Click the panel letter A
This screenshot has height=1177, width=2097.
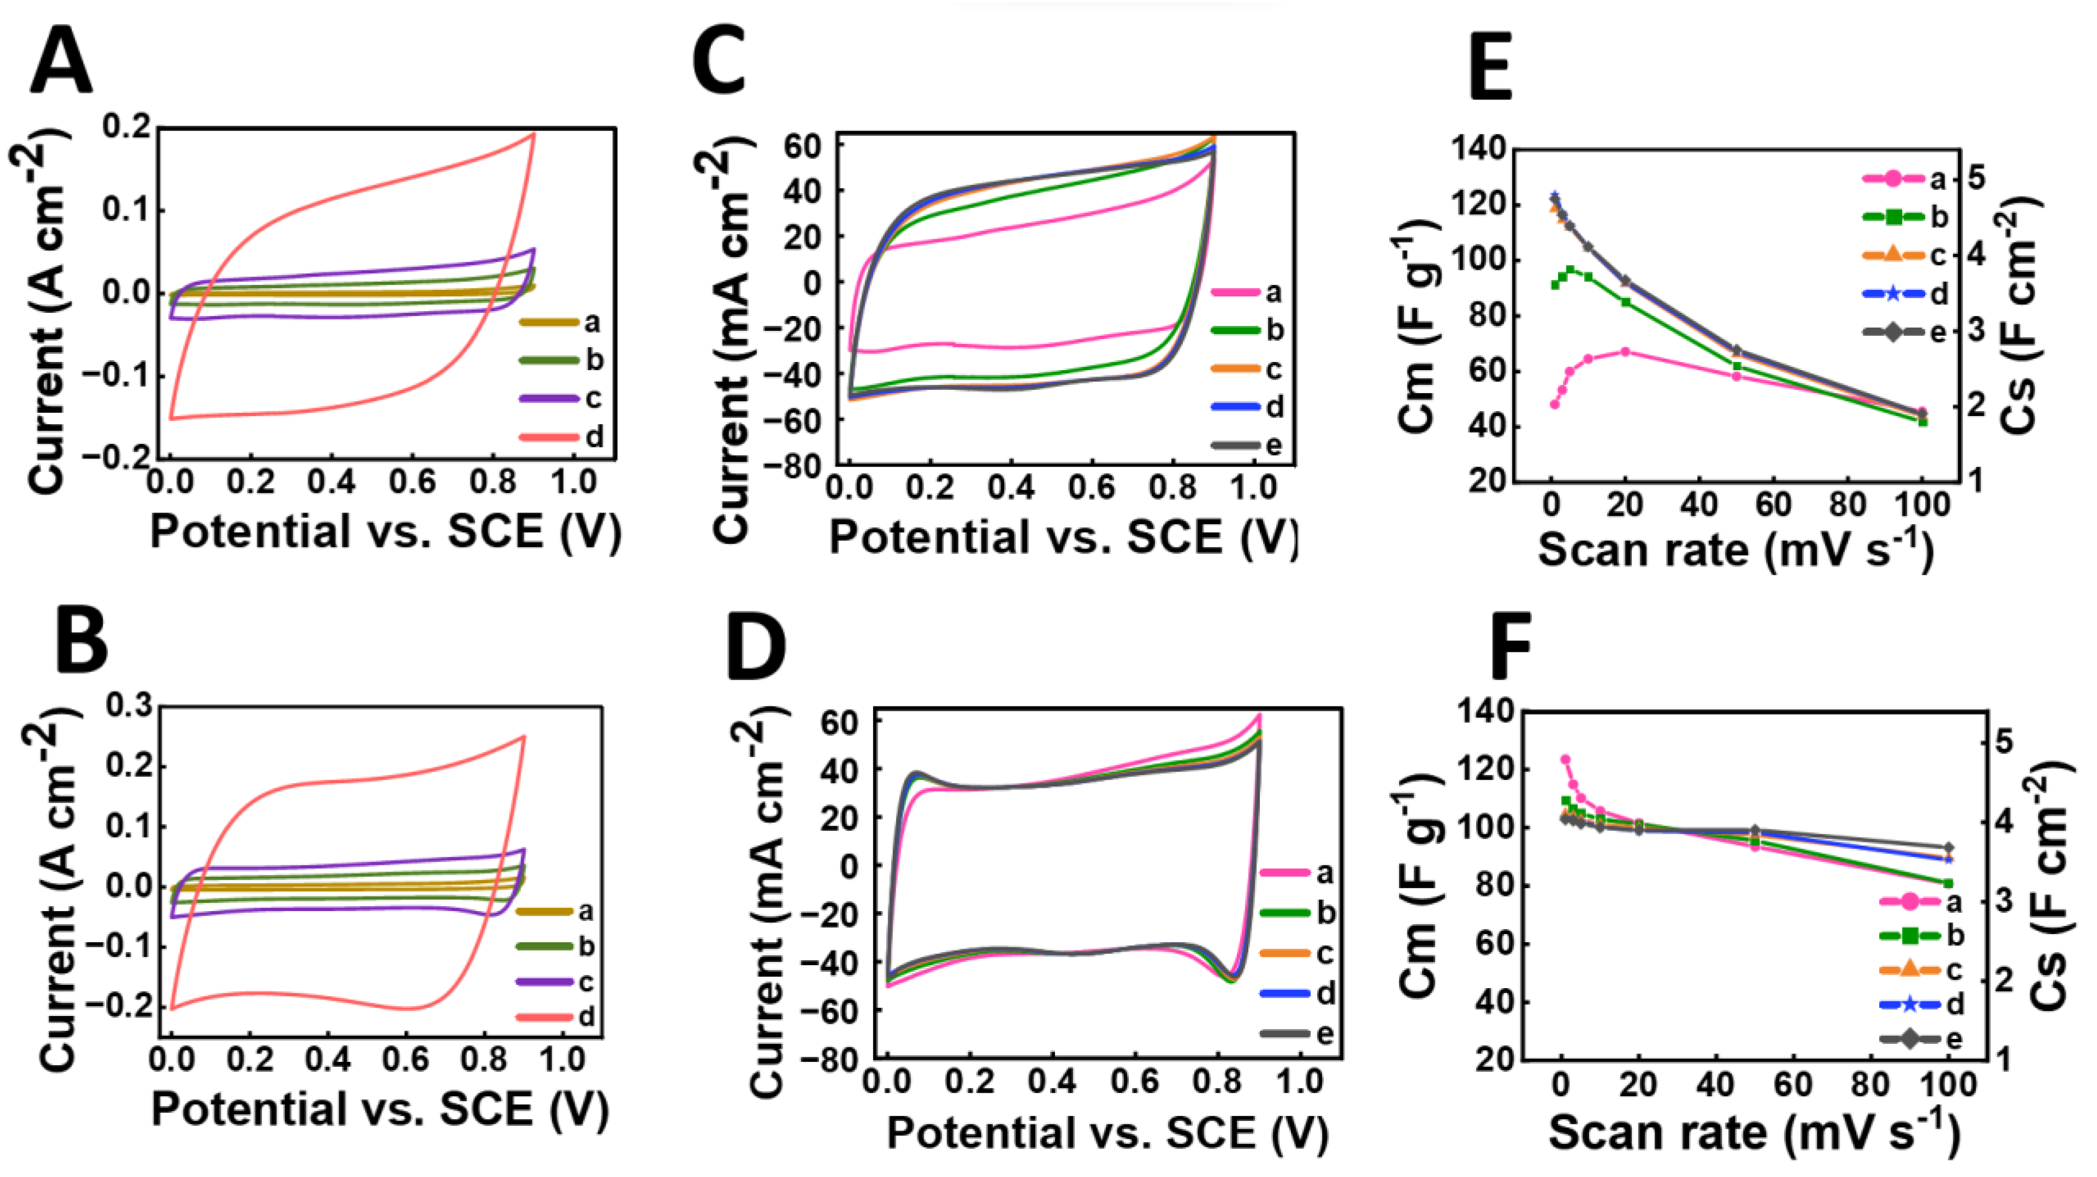point(61,63)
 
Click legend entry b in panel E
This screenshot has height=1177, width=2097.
point(1905,217)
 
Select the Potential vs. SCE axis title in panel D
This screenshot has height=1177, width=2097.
point(1107,1132)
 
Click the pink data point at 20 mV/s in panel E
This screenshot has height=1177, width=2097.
point(1625,352)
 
